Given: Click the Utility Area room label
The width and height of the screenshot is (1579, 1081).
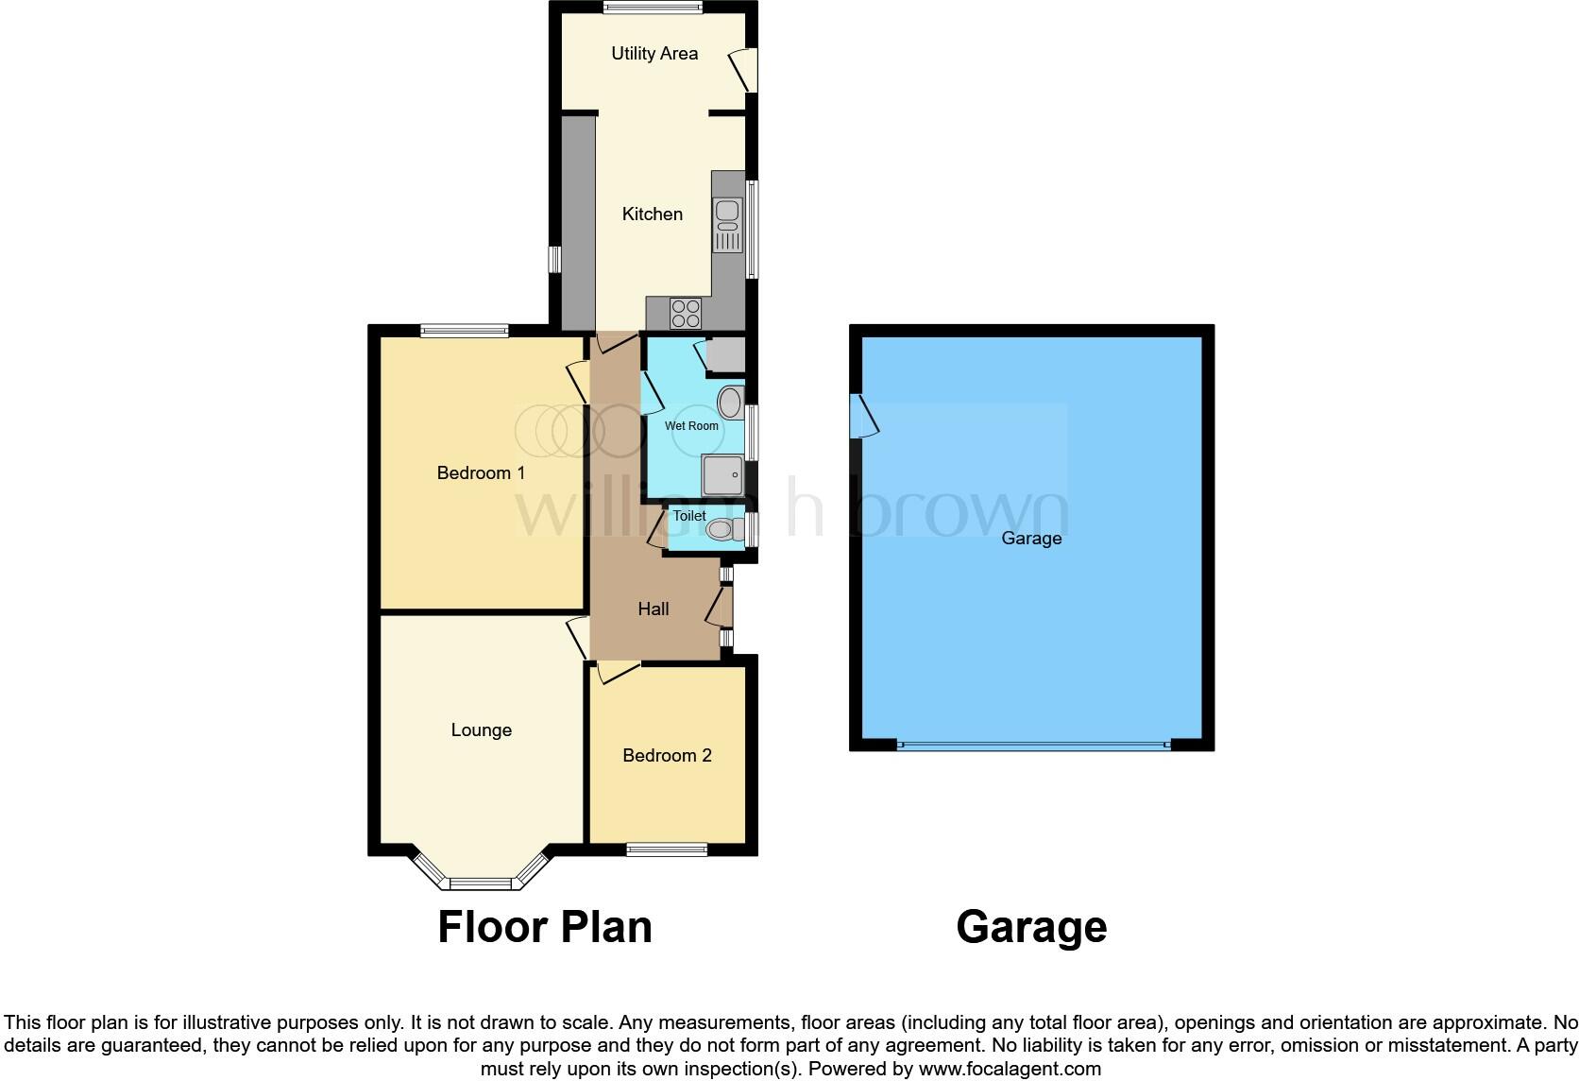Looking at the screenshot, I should point(654,54).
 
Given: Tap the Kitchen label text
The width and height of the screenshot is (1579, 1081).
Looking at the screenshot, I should point(652,214).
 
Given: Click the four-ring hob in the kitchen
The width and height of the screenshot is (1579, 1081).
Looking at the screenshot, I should point(685,313).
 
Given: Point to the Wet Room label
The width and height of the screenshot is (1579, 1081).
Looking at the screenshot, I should point(691,426).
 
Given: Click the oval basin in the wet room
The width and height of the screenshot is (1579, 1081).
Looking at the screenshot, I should point(730,403).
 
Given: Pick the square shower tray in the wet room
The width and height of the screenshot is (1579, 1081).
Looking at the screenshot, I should point(722,475).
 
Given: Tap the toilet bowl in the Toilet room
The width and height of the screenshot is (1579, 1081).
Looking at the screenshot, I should point(722,529).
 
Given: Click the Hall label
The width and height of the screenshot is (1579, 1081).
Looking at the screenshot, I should point(653,609).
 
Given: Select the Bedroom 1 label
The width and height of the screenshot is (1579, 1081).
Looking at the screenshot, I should point(481,472).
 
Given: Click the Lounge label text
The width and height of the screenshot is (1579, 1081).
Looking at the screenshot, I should point(481,730).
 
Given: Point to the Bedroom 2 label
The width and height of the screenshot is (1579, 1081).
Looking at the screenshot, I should point(667,756).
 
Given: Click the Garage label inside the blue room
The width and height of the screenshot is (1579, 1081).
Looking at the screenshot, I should point(1031,539).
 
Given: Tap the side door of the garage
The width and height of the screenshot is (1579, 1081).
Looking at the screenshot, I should point(863,417).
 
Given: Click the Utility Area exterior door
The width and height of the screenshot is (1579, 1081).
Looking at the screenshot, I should point(745,70).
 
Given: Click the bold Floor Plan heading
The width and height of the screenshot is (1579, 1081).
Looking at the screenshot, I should point(545,927).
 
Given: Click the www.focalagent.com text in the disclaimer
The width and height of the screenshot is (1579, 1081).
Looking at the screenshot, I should point(1010,1070).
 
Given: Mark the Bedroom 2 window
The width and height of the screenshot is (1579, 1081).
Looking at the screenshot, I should point(667,849).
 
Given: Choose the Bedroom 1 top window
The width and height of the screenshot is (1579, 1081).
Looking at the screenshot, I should point(465,331).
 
